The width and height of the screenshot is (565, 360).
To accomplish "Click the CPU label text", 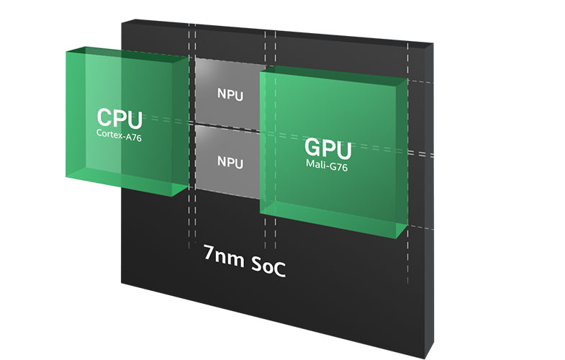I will click(x=119, y=118).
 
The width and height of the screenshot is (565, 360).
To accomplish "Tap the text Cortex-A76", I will click(x=119, y=133).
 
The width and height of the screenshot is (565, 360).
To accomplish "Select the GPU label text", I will click(x=328, y=149).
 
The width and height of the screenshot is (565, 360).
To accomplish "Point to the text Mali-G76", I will click(x=328, y=164).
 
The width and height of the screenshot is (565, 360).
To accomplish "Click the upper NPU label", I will click(x=230, y=93).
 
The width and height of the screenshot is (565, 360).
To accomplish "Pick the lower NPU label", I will click(x=230, y=162).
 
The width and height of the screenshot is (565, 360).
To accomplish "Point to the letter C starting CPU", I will click(x=106, y=118).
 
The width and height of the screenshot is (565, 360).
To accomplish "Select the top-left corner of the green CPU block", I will click(x=66, y=50).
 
